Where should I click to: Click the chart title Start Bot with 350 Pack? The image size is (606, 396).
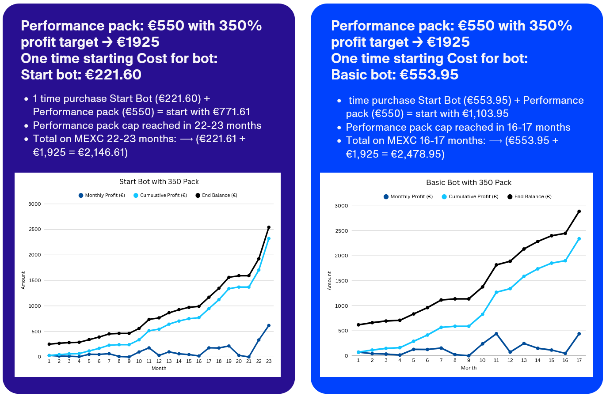coord(159,181)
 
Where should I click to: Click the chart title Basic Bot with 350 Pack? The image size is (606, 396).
coord(469,182)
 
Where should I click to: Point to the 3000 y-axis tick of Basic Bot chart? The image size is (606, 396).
coord(341,206)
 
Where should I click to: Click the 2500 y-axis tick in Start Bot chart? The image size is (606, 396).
coord(34,229)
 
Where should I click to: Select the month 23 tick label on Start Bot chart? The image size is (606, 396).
coord(269,361)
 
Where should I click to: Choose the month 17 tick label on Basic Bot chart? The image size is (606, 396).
coord(579,360)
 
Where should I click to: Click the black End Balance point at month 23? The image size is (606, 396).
coord(269,227)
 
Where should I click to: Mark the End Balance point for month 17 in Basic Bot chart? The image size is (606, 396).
coord(579,211)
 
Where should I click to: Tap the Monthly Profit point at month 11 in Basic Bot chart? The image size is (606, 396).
coord(496,334)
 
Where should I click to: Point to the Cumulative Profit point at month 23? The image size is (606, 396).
coord(269,238)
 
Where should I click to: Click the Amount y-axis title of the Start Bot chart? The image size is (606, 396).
coord(23,280)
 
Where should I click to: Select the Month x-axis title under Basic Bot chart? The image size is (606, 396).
coord(469,368)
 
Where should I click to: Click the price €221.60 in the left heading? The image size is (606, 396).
coord(113,75)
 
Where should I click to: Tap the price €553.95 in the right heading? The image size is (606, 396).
coord(429,75)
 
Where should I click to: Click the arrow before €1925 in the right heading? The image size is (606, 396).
coord(417,42)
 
